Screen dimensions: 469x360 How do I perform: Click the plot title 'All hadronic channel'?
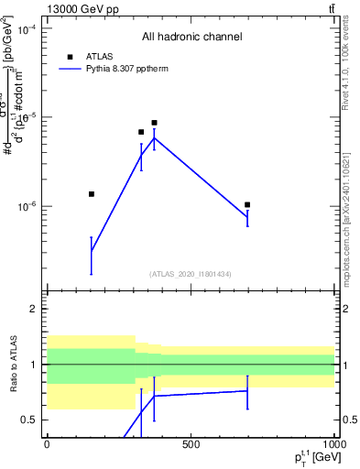coord(191,38)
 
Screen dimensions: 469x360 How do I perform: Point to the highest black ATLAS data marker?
coord(155,123)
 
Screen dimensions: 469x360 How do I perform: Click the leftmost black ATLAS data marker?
coord(91,194)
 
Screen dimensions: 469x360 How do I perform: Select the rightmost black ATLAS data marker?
coord(247,205)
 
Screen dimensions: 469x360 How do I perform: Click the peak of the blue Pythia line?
coord(155,138)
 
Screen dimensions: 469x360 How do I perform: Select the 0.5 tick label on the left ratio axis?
coord(31,420)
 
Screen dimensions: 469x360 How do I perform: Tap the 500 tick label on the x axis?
coord(191,445)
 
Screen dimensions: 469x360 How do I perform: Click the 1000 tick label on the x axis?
coord(333,445)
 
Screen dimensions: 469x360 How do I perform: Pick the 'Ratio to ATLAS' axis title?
coord(14,365)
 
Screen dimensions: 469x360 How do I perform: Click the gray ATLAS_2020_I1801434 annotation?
coord(191,274)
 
